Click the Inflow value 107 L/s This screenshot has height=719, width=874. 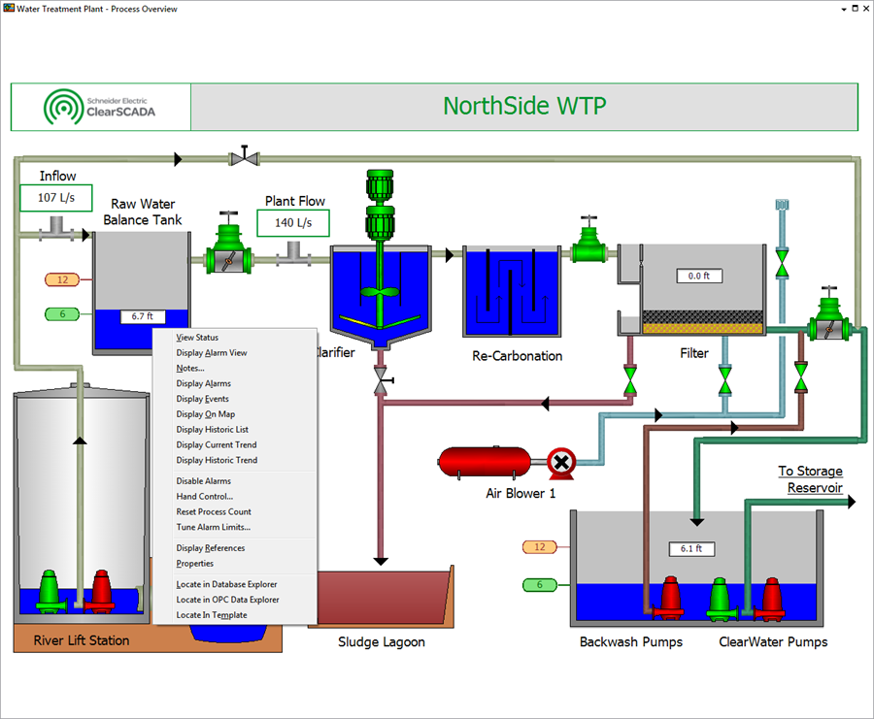55,198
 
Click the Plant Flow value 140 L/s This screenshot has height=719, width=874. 293,223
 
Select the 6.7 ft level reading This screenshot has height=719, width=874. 143,316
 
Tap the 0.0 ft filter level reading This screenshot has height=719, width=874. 700,277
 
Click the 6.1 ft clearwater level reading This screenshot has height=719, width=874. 691,549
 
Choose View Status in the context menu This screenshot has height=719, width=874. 197,338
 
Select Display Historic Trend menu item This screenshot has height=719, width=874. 217,460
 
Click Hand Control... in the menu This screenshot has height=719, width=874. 204,496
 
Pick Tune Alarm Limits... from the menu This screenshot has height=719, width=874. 213,527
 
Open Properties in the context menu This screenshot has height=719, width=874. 194,563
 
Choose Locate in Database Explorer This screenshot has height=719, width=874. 226,584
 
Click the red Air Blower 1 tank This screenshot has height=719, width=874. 485,462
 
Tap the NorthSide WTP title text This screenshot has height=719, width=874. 524,106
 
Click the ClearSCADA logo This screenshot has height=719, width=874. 100,107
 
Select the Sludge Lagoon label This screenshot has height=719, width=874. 382,641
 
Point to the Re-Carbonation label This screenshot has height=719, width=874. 518,356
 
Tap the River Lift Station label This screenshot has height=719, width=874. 82,639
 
